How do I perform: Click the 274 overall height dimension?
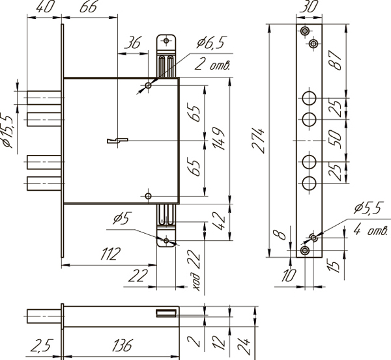point(258,141)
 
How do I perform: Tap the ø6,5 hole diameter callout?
point(210,43)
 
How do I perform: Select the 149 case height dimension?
point(219,139)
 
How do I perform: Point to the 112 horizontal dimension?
point(111,254)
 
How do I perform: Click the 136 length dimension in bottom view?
point(123,345)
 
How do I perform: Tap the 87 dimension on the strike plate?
point(335,60)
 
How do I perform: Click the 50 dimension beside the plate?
point(335,139)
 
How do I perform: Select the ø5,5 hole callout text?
point(368,208)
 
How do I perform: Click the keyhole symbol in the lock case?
point(117,141)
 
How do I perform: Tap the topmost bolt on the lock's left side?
point(44,98)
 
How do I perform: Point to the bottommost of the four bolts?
point(44,184)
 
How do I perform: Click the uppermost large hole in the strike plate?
point(309,98)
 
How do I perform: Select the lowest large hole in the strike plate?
point(309,184)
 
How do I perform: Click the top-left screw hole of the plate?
point(305,31)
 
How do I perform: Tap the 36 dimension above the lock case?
point(133,42)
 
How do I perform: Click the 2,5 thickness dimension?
point(42,345)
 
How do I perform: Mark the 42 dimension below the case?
point(219,221)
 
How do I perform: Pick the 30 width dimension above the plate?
point(309,7)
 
